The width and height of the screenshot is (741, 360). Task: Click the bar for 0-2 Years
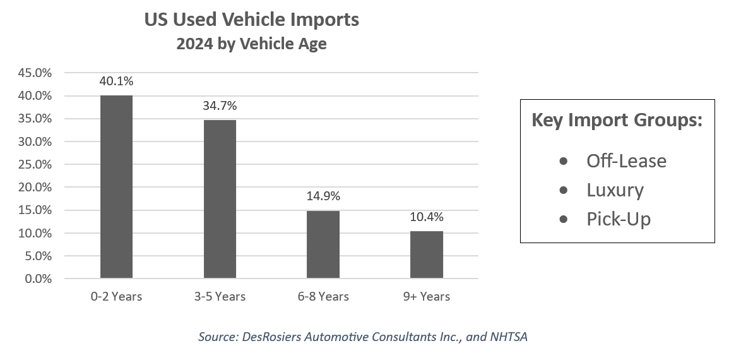click(116, 187)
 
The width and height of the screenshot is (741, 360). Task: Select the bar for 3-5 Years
click(220, 199)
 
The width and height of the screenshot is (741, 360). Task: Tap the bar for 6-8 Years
click(323, 244)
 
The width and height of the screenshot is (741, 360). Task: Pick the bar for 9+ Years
click(427, 255)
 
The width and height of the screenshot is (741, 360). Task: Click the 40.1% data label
click(116, 81)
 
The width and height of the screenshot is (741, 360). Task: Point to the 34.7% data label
click(220, 106)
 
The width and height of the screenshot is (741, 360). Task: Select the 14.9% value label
click(323, 196)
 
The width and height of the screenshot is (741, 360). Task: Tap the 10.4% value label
click(427, 217)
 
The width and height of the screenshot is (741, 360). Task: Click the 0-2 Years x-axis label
click(116, 296)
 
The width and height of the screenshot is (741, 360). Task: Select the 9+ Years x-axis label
click(427, 296)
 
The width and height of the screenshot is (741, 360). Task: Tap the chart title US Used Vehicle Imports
click(251, 20)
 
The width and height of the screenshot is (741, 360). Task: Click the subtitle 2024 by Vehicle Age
click(251, 45)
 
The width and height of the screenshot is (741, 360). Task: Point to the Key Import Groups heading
click(617, 120)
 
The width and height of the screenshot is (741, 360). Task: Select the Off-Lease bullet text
click(626, 160)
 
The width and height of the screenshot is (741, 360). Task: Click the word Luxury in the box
click(615, 190)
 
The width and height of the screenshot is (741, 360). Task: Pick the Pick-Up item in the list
click(618, 219)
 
